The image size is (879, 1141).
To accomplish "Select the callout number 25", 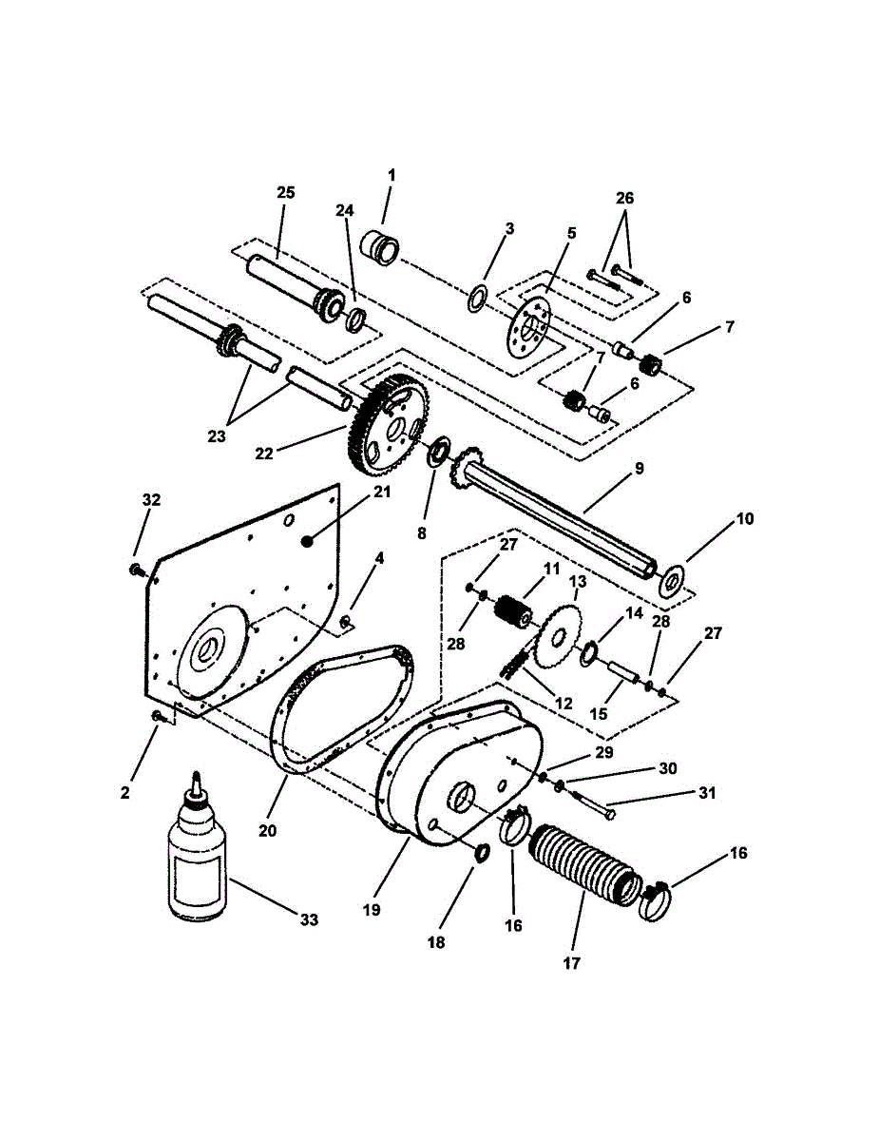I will point(286,193).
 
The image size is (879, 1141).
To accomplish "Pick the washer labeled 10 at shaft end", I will point(673,579).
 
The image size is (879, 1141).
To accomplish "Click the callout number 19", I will point(371,909).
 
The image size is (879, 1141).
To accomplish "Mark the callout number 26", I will point(624,199).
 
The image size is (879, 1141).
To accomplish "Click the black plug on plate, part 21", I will point(306,540).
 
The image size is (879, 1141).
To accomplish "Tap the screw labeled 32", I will point(136,570).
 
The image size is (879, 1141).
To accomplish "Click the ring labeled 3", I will point(477,298).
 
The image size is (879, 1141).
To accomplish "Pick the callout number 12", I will point(564,704).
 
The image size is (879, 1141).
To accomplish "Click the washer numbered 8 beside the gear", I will point(440,451).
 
